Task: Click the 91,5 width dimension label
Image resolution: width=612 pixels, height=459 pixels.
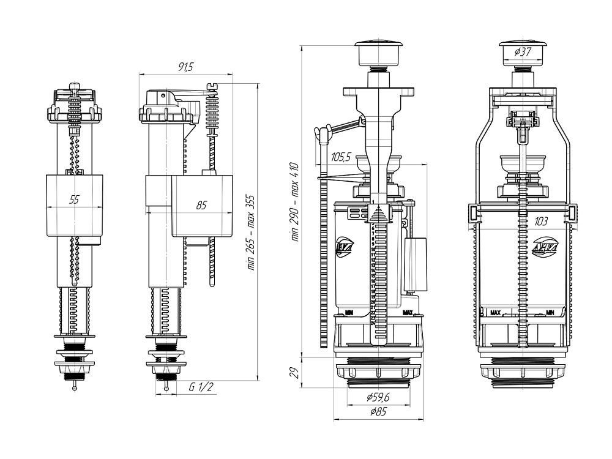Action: (x=185, y=67)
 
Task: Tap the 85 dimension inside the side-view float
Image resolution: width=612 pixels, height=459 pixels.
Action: (x=201, y=206)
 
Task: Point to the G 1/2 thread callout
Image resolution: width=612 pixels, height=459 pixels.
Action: (x=201, y=387)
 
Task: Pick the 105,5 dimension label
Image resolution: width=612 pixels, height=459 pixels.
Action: (x=341, y=157)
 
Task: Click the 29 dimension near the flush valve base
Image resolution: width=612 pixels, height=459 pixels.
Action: (x=294, y=371)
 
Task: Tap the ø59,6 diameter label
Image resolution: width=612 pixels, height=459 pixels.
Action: (x=378, y=398)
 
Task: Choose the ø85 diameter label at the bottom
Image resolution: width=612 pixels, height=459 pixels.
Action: (x=378, y=412)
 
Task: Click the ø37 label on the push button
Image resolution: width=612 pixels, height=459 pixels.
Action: (x=522, y=51)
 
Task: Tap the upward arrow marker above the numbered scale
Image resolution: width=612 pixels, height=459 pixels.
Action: (x=379, y=214)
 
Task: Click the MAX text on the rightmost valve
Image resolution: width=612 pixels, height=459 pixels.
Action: (x=495, y=313)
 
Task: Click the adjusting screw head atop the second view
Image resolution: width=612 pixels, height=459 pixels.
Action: (x=213, y=86)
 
